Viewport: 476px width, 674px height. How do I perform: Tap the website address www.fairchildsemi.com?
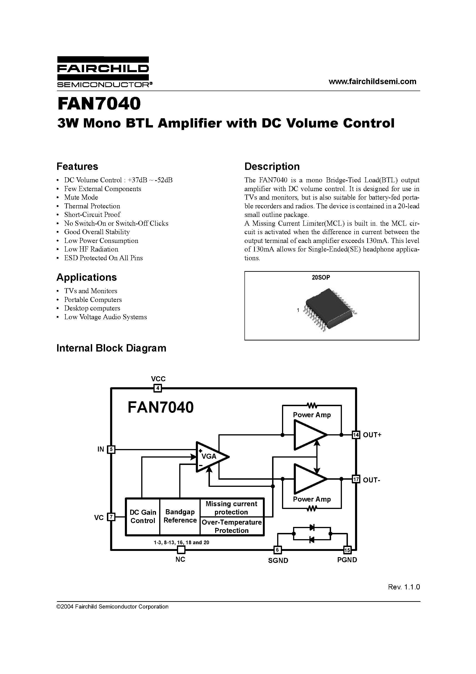[x=372, y=82]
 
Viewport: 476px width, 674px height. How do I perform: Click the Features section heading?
[x=77, y=166]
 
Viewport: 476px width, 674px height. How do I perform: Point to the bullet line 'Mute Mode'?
[x=81, y=197]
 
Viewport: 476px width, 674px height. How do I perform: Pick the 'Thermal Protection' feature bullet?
[x=92, y=206]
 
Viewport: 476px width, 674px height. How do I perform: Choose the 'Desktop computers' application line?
[x=92, y=308]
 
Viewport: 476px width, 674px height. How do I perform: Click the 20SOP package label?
[x=321, y=277]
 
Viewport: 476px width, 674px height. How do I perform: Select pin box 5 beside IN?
[x=111, y=449]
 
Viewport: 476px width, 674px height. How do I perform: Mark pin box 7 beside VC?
[x=111, y=517]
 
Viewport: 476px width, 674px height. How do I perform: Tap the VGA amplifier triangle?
[x=211, y=457]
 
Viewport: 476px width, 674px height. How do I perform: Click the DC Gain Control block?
[x=143, y=517]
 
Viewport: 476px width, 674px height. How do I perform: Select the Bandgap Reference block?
[x=180, y=516]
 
